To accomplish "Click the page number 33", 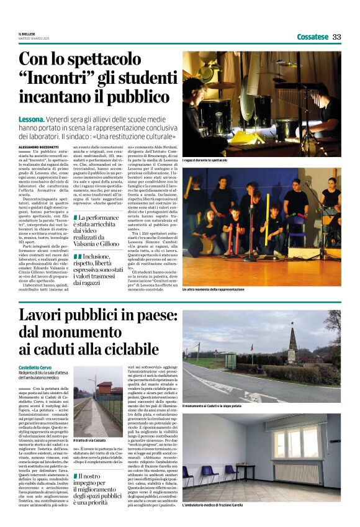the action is (336, 37).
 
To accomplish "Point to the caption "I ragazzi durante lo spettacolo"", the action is (205, 160).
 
